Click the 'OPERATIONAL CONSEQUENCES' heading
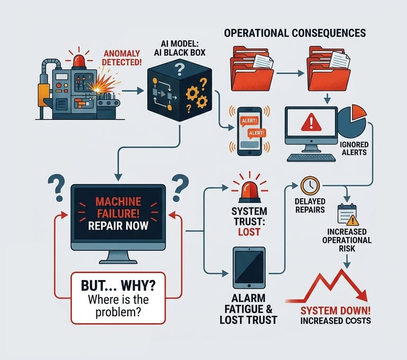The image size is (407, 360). (295, 33)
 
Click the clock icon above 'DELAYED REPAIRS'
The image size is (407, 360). (309, 186)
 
